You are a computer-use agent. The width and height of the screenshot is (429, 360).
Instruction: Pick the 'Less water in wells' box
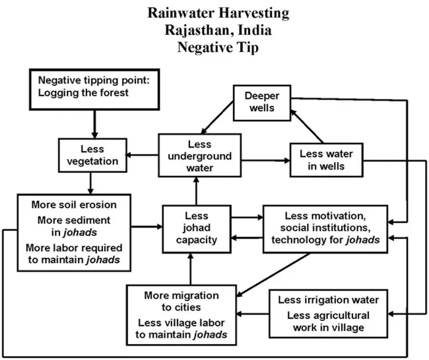point(326,159)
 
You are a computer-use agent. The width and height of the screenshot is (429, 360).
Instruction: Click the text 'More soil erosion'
point(74,204)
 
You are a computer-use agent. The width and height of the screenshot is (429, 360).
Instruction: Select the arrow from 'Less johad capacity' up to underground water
point(195,192)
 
